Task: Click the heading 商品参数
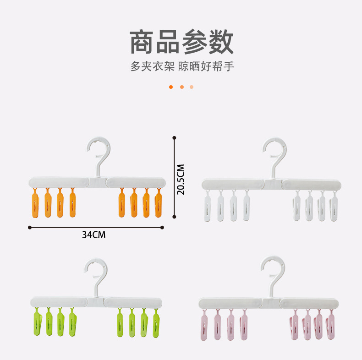coord(181,42)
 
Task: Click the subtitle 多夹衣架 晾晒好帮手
coord(182,66)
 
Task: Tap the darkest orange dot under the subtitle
coord(171,87)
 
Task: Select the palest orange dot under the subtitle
coord(192,87)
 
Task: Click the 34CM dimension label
coord(94,235)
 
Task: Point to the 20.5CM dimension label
coord(181,180)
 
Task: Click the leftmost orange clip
coord(35,203)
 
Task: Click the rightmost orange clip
coord(159,203)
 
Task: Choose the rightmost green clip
coord(156,322)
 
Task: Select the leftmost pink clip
coord(204,325)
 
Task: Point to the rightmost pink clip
coord(330,324)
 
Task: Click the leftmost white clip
coord(207,206)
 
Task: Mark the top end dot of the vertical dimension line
coord(174,138)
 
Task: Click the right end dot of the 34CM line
coord(162,228)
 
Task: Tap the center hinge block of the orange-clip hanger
coord(98,182)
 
